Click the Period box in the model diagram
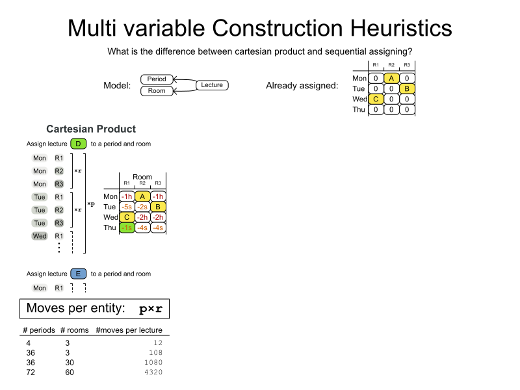(x=157, y=79)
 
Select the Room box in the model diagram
(x=157, y=91)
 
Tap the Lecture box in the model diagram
(x=212, y=85)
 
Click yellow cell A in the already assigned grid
(x=391, y=78)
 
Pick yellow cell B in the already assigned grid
(x=407, y=88)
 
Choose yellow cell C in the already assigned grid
(x=376, y=99)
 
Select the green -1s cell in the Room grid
(x=127, y=227)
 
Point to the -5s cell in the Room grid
(x=127, y=207)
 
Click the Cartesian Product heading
(x=91, y=129)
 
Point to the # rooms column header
(x=74, y=330)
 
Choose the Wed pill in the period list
(x=40, y=236)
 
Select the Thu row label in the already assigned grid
(x=359, y=109)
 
